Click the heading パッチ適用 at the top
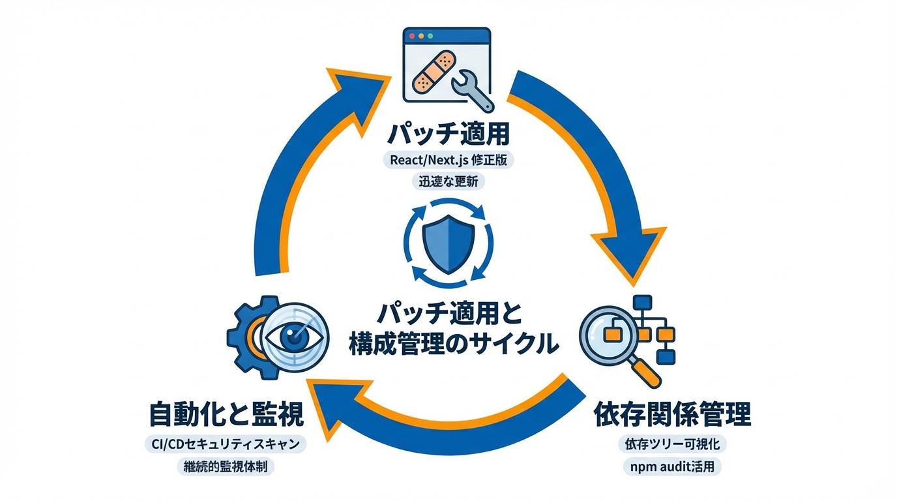[x=448, y=135]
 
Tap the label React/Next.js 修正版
[x=448, y=160]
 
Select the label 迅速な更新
[x=448, y=182]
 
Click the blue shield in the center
[x=448, y=241]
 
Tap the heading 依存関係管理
[x=672, y=413]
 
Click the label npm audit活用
[x=672, y=467]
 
